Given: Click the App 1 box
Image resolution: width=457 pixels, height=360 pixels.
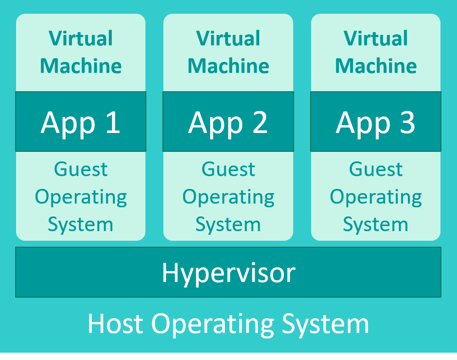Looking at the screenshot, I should (81, 122).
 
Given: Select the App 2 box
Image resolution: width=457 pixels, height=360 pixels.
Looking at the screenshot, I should (228, 122).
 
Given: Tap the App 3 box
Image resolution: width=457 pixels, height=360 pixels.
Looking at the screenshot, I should (375, 122).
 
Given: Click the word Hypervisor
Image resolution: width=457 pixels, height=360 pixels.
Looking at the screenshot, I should (228, 273).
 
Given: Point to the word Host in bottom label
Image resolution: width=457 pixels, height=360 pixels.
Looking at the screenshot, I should (116, 323).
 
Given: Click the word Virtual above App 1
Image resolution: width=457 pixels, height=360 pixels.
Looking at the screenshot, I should (81, 39).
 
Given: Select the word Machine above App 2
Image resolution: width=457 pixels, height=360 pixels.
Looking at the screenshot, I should (228, 66).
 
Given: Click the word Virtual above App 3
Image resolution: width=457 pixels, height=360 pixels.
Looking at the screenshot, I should (375, 39).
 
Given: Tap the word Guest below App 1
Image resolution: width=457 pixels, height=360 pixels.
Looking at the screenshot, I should (81, 169).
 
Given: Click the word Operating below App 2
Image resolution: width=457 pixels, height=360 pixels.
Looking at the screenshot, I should (228, 198).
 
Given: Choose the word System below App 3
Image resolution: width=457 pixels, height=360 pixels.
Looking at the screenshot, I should (375, 225).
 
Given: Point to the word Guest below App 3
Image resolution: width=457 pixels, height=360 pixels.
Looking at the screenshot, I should (375, 169).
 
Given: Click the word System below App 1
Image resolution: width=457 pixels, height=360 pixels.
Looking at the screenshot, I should (81, 225).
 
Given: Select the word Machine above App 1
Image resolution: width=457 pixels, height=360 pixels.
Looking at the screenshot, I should (81, 66).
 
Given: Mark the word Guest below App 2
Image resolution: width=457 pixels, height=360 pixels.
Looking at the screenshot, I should (228, 169).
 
